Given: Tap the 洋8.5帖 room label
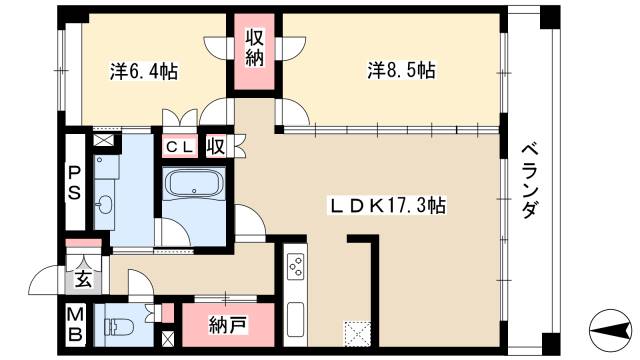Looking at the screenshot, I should (x=400, y=72).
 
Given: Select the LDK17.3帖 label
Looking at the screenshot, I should (x=389, y=205).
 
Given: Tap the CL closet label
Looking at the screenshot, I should (x=180, y=147).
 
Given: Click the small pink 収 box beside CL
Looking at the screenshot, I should (x=216, y=147).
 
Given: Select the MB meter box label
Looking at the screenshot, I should (x=74, y=324).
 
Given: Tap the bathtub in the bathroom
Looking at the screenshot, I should (x=194, y=186).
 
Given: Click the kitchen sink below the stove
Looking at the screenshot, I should (x=297, y=319).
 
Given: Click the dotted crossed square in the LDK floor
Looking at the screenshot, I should (x=356, y=330).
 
